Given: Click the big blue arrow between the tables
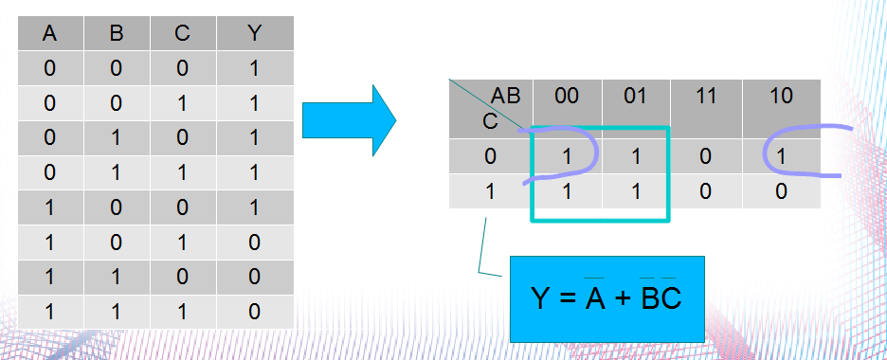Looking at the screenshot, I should point(347,120).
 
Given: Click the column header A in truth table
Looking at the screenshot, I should point(50,34).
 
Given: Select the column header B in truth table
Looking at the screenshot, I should point(117,34).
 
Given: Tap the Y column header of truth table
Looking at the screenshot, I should point(254,34).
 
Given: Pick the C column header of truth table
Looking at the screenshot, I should point(182,34).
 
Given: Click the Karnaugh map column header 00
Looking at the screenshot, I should point(566,96).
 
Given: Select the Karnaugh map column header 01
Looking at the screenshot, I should point(635,96).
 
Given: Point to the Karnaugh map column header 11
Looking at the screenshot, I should point(704,96).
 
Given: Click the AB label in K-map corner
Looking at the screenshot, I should point(505,95).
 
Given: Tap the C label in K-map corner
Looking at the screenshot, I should point(490,121).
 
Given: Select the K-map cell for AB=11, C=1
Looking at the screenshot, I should point(704,190).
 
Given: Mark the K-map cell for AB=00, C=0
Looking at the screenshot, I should point(566,155).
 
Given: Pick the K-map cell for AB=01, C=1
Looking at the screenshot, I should point(635,190).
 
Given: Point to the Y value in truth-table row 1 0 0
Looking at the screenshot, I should point(254,207).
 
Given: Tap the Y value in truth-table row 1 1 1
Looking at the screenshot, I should point(254,311).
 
